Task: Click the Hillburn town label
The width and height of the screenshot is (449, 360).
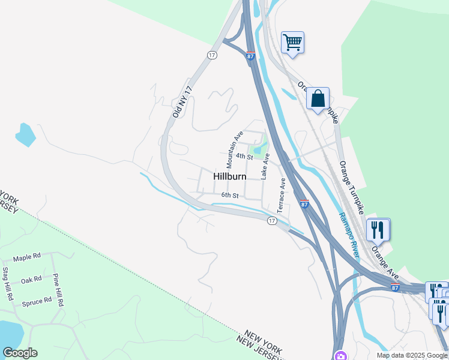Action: tap(230, 176)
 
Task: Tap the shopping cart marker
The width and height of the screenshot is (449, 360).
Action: tap(292, 43)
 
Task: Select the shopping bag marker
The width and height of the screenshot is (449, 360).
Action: tap(318, 98)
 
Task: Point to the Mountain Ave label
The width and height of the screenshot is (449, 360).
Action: tap(233, 149)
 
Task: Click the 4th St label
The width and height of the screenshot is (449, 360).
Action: tap(244, 156)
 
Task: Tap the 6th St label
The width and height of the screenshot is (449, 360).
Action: tap(230, 195)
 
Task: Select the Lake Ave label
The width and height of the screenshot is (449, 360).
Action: tap(265, 166)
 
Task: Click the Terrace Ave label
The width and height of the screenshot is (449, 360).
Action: tap(282, 194)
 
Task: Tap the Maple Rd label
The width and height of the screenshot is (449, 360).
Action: tap(27, 257)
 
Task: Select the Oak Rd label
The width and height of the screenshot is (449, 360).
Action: tap(31, 280)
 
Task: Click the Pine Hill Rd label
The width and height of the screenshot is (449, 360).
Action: tap(58, 290)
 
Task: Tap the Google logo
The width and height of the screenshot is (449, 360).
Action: tap(20, 353)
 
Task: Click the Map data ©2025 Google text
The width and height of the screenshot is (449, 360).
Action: tap(412, 355)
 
